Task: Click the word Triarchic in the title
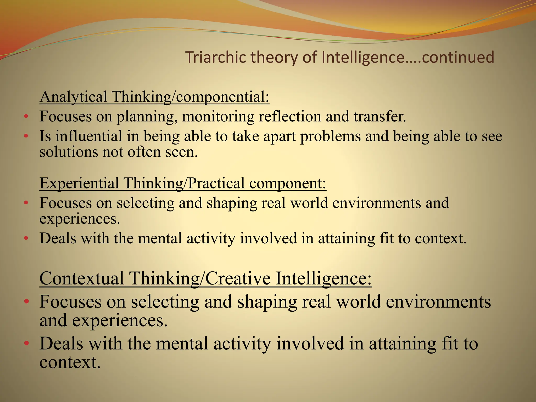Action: (216, 57)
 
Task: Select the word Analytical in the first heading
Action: (73, 97)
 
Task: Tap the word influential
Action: (89, 136)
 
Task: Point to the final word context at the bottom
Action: (70, 363)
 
